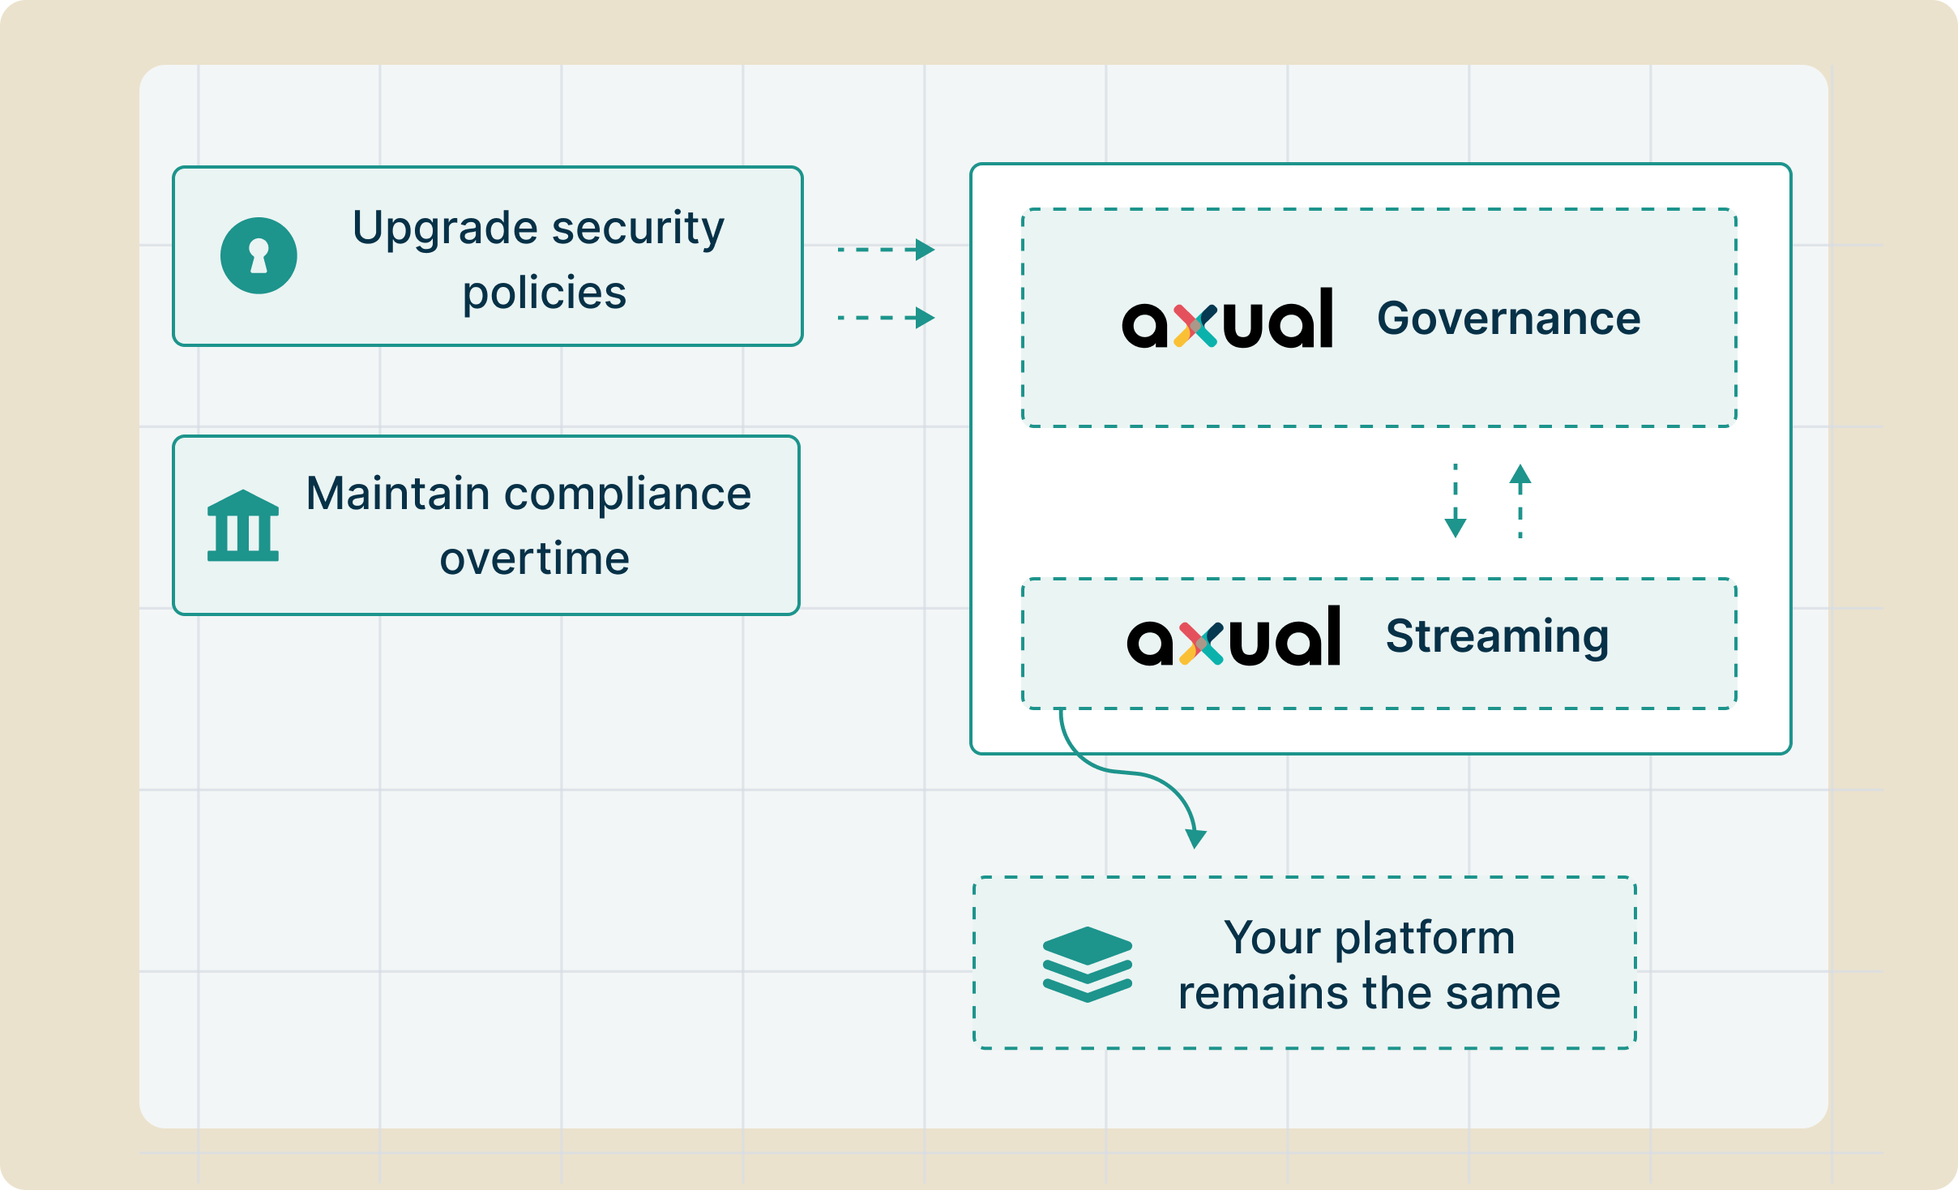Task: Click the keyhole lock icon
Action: [x=259, y=255]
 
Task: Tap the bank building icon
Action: [x=243, y=525]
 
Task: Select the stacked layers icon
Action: [x=1088, y=965]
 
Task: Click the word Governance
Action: [x=1509, y=318]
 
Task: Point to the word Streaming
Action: [x=1498, y=637]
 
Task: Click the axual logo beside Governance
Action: [x=1227, y=318]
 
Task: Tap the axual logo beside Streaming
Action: [x=1233, y=636]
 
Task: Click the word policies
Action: [x=545, y=294]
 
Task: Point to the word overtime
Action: [x=535, y=559]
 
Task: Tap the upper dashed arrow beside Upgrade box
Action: [x=886, y=250]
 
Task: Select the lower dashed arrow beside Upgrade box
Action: [x=886, y=318]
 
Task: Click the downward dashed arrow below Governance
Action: [x=1456, y=501]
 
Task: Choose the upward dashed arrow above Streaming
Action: [x=1520, y=501]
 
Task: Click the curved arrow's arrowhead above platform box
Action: [x=1196, y=839]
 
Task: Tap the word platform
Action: [x=1425, y=940]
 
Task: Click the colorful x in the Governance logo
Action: [x=1195, y=326]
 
